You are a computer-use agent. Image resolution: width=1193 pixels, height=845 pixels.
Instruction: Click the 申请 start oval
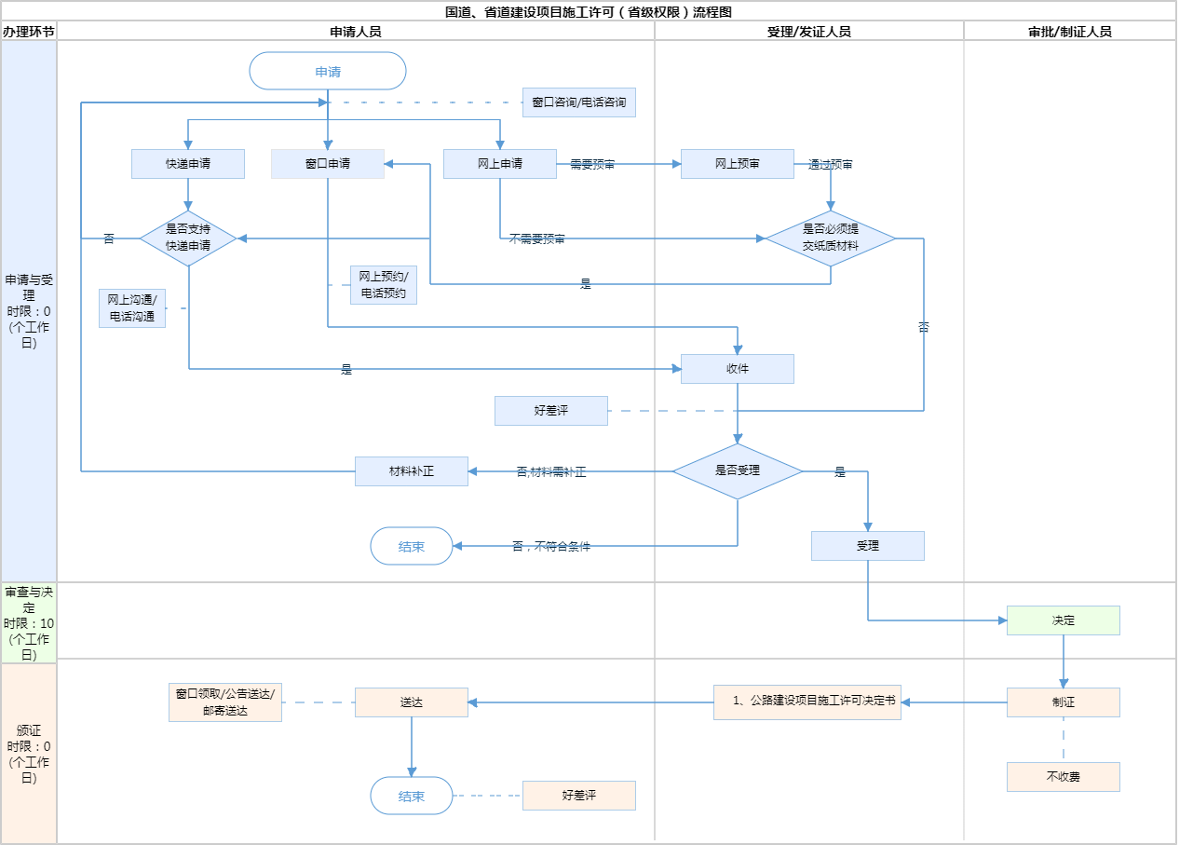click(328, 71)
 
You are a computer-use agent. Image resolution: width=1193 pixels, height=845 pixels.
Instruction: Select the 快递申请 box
click(188, 164)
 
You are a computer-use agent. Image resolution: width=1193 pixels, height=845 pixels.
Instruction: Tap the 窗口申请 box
click(328, 164)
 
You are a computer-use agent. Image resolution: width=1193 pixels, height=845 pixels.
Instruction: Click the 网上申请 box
click(500, 164)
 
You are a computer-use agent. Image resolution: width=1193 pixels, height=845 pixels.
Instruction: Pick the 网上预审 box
click(738, 164)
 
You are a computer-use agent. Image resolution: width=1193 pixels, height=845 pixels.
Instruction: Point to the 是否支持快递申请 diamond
click(188, 239)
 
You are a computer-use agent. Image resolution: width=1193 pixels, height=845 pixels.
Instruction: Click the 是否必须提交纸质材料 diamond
click(831, 239)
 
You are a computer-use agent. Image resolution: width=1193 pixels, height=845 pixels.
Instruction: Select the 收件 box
click(738, 369)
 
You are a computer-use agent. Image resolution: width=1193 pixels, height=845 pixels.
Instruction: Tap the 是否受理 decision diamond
click(738, 471)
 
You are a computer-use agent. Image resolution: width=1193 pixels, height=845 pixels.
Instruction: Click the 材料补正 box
click(412, 471)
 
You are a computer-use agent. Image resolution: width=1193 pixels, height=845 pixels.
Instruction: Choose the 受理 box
click(868, 546)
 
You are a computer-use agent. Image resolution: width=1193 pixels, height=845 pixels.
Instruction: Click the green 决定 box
click(1064, 620)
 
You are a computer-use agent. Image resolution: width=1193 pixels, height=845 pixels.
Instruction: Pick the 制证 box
click(1064, 702)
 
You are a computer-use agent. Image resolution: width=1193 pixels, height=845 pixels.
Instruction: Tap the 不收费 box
click(1064, 777)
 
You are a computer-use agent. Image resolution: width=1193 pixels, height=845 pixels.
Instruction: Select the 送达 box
click(412, 702)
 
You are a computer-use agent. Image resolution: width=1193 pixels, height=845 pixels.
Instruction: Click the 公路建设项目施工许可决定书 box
click(807, 702)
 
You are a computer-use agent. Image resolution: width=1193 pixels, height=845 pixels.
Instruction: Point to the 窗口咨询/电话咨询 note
click(579, 102)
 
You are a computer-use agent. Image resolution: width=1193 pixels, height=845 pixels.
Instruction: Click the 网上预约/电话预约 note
click(384, 285)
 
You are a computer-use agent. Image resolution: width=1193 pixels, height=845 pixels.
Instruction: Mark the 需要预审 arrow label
click(592, 164)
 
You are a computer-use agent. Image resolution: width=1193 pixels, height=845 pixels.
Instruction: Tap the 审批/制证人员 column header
click(1070, 31)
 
